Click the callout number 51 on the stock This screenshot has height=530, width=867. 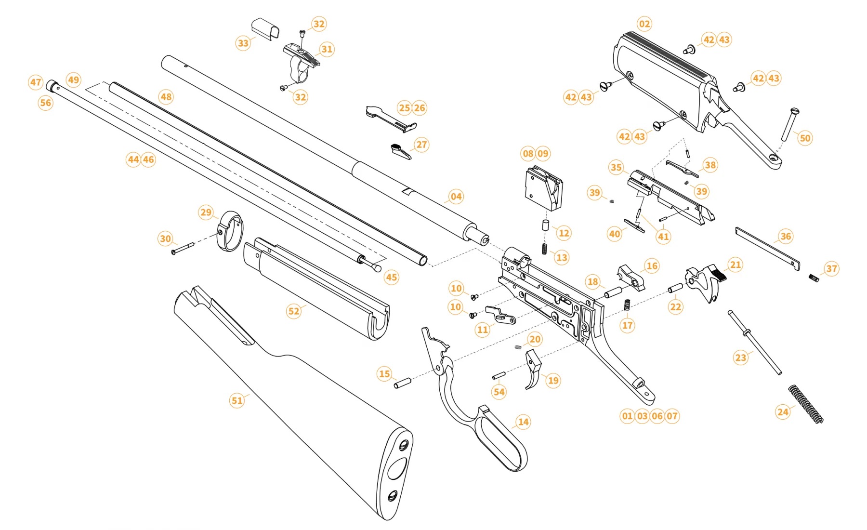click(236, 400)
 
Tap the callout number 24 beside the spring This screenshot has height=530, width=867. click(783, 411)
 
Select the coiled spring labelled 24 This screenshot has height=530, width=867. click(806, 404)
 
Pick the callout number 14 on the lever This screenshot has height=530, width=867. click(523, 422)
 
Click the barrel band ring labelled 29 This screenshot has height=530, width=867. click(231, 231)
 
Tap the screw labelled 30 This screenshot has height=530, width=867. click(183, 248)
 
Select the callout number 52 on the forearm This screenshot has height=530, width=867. click(293, 311)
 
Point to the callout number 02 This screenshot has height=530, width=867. click(644, 24)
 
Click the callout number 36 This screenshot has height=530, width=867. click(786, 236)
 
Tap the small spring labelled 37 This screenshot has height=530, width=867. click(814, 278)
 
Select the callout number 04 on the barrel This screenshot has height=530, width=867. click(456, 197)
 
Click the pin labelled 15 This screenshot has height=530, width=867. click(402, 384)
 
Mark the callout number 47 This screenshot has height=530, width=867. click(36, 82)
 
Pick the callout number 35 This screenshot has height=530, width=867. click(616, 167)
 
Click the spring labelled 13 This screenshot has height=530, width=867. click(545, 249)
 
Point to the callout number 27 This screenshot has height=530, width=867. click(421, 145)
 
